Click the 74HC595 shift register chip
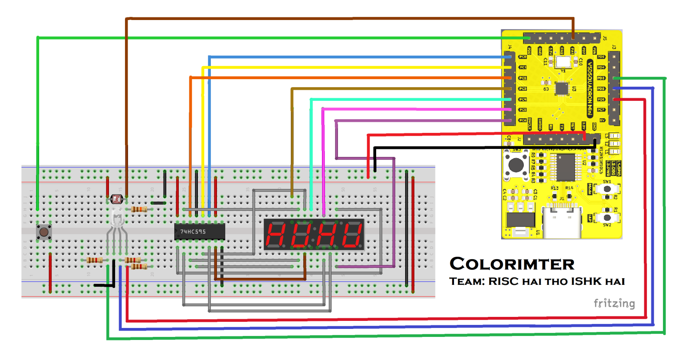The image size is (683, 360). coord(199,232)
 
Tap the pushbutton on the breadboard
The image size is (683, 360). coord(43,232)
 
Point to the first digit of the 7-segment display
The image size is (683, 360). coord(276,235)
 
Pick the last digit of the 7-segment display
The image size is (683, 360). coord(352,235)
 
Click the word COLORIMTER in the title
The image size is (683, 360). coord(512,264)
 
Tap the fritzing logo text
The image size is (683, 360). coord(614,304)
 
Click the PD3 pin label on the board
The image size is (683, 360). coord(601,78)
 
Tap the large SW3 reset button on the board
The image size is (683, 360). coord(515,165)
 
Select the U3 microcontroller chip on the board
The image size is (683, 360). coord(562,88)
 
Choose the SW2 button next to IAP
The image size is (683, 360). coord(607,217)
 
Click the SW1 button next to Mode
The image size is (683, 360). coord(607,188)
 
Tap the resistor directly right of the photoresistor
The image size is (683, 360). coord(139,209)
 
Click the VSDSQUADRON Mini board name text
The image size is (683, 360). coord(590,88)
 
